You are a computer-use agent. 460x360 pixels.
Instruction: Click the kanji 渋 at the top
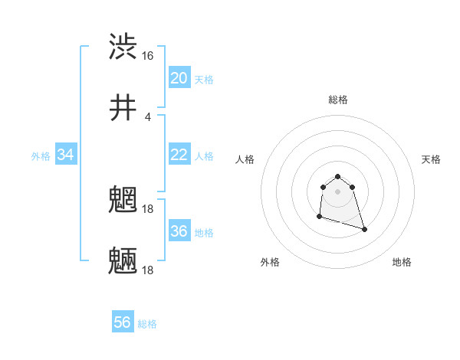[x=123, y=47]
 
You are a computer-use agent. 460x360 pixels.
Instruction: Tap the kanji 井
[x=123, y=108]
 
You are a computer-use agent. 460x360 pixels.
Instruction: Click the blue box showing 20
[x=179, y=78]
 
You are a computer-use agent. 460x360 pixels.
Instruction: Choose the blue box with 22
[x=179, y=155]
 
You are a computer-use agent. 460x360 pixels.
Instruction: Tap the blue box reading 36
[x=179, y=231]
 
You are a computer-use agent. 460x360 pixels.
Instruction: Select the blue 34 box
[x=66, y=155]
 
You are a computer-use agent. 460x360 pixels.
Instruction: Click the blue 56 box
[x=123, y=322]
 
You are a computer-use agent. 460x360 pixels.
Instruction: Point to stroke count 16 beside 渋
[x=148, y=56]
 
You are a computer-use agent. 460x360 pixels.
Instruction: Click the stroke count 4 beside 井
[x=148, y=117]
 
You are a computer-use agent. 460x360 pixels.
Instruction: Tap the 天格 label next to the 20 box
[x=204, y=80]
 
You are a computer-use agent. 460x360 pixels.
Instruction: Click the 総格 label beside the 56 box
[x=147, y=324]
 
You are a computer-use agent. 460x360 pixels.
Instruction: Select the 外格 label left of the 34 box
[x=41, y=156]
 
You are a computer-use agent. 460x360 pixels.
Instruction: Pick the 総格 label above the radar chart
[x=338, y=100]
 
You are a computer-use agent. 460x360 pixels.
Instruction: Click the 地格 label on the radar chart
[x=402, y=262]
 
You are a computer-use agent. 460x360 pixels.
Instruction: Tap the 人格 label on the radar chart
[x=245, y=159]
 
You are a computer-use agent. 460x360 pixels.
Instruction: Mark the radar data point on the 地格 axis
[x=364, y=229]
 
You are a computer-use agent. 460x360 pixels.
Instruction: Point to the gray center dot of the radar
[x=338, y=191]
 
